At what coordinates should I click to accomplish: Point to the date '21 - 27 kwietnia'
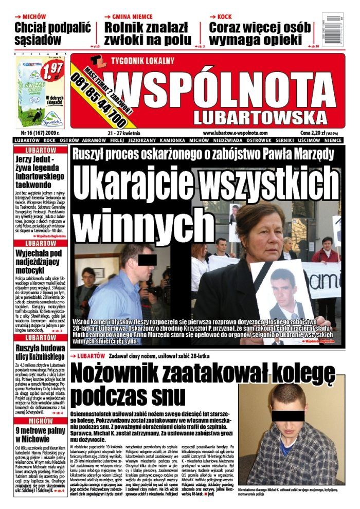[x=123, y=133]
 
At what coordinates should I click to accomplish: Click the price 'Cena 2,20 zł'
[x=314, y=133]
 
